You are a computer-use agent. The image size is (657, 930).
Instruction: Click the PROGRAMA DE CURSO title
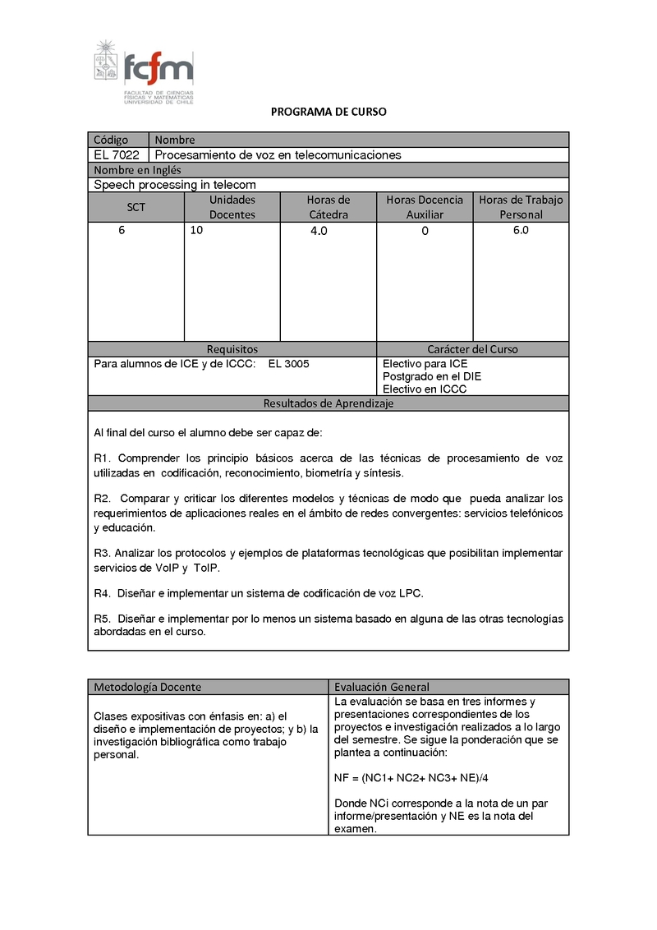pyautogui.click(x=328, y=112)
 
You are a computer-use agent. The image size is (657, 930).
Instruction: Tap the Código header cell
pyautogui.click(x=112, y=140)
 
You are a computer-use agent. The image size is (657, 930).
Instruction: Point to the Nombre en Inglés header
pyautogui.click(x=137, y=170)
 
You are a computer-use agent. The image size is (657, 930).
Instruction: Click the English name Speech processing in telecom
pyautogui.click(x=175, y=185)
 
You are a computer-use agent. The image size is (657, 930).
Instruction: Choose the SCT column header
pyautogui.click(x=136, y=207)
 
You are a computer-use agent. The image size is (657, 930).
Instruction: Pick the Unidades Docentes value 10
pyautogui.click(x=196, y=231)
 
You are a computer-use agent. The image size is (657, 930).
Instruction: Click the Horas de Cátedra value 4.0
pyautogui.click(x=319, y=232)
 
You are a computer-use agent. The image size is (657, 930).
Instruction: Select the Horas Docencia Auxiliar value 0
pyautogui.click(x=425, y=232)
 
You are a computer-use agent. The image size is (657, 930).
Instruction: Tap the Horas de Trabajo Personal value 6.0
pyautogui.click(x=521, y=231)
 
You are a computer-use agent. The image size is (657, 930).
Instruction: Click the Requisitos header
pyautogui.click(x=232, y=349)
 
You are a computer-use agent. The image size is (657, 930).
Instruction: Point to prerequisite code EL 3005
pyautogui.click(x=288, y=364)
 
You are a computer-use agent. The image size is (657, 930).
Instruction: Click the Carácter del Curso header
pyautogui.click(x=472, y=349)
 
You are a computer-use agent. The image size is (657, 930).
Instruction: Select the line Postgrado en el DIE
pyautogui.click(x=432, y=376)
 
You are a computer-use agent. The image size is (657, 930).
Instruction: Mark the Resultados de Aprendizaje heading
pyautogui.click(x=328, y=403)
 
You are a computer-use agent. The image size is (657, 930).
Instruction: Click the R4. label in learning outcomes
pyautogui.click(x=103, y=592)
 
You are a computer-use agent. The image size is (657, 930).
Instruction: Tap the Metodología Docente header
pyautogui.click(x=147, y=687)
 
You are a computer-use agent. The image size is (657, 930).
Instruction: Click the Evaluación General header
pyautogui.click(x=382, y=687)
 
